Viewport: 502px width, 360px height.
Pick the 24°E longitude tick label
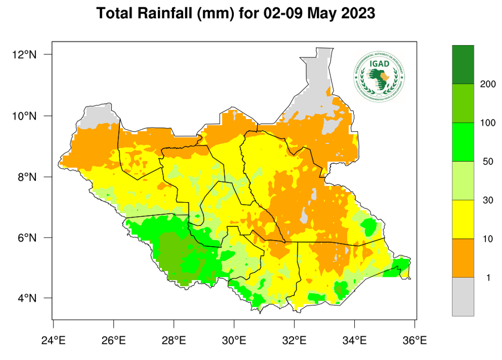tap(53, 340)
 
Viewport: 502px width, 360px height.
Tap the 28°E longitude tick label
tap(174, 340)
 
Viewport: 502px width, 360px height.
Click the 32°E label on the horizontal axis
tap(294, 340)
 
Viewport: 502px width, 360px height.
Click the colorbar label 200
tap(487, 84)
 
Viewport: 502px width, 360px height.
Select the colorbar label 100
tap(487, 123)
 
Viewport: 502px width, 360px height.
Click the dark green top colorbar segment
tap(463, 65)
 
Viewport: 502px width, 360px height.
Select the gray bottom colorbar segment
tap(463, 296)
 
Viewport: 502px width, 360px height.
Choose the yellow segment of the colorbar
tap(463, 219)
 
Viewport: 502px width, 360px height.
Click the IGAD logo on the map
tap(380, 77)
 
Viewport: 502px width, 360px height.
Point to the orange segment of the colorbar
tap(463, 258)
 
